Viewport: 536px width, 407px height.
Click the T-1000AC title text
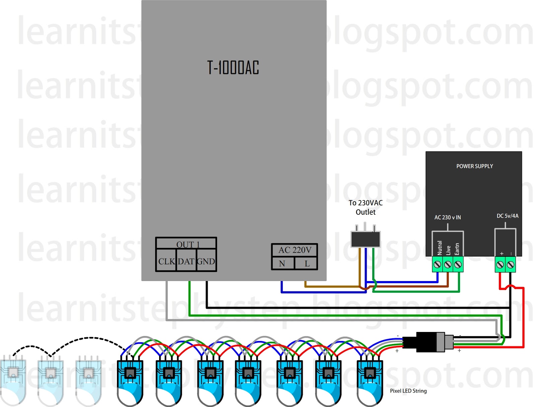[233, 68]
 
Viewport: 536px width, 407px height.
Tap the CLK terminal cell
[166, 261]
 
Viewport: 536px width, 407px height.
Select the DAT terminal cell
[186, 261]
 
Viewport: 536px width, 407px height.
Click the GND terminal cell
[206, 261]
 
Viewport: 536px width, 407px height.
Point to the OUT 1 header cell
[188, 244]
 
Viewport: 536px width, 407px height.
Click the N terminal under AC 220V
[282, 264]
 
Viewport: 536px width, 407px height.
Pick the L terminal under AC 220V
[307, 264]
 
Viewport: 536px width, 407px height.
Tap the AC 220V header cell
[294, 250]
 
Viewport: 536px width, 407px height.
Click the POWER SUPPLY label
[474, 166]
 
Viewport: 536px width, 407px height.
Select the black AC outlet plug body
[365, 239]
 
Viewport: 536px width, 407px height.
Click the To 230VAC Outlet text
[365, 207]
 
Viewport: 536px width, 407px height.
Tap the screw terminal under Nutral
[437, 265]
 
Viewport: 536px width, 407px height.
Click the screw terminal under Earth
[458, 265]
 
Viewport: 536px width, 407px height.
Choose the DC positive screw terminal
[500, 265]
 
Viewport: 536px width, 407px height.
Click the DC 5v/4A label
[507, 216]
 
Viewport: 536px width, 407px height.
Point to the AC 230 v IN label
[448, 217]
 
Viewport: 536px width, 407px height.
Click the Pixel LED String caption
[408, 391]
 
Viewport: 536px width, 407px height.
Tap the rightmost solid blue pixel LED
[370, 382]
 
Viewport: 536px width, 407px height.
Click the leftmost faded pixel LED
[13, 382]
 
